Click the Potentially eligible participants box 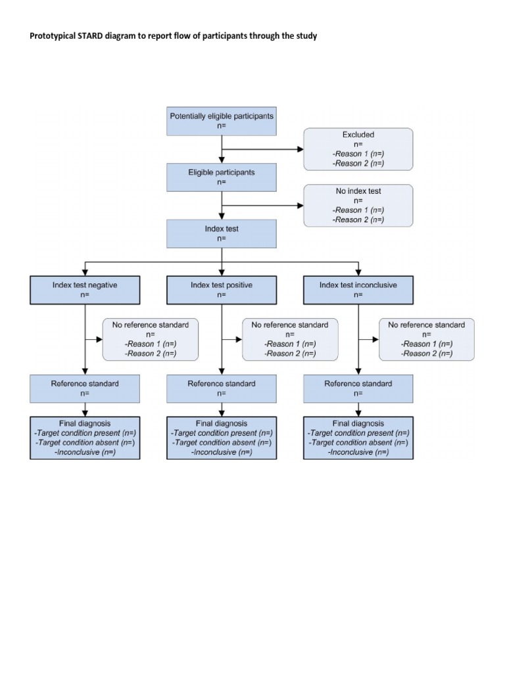click(x=222, y=121)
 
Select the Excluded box click(x=358, y=149)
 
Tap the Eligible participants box click(x=222, y=177)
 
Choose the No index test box click(x=358, y=205)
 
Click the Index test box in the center click(x=222, y=233)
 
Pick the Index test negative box click(x=85, y=290)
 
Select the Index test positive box click(x=222, y=290)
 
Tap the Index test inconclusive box click(x=358, y=290)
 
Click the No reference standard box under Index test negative click(x=151, y=339)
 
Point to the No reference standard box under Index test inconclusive click(x=426, y=339)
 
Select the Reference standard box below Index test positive click(x=222, y=388)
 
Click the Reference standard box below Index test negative click(x=85, y=388)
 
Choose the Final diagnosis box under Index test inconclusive click(x=358, y=438)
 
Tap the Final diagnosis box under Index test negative click(x=85, y=438)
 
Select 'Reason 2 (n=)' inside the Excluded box click(x=358, y=163)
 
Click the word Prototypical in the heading click(x=53, y=36)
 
